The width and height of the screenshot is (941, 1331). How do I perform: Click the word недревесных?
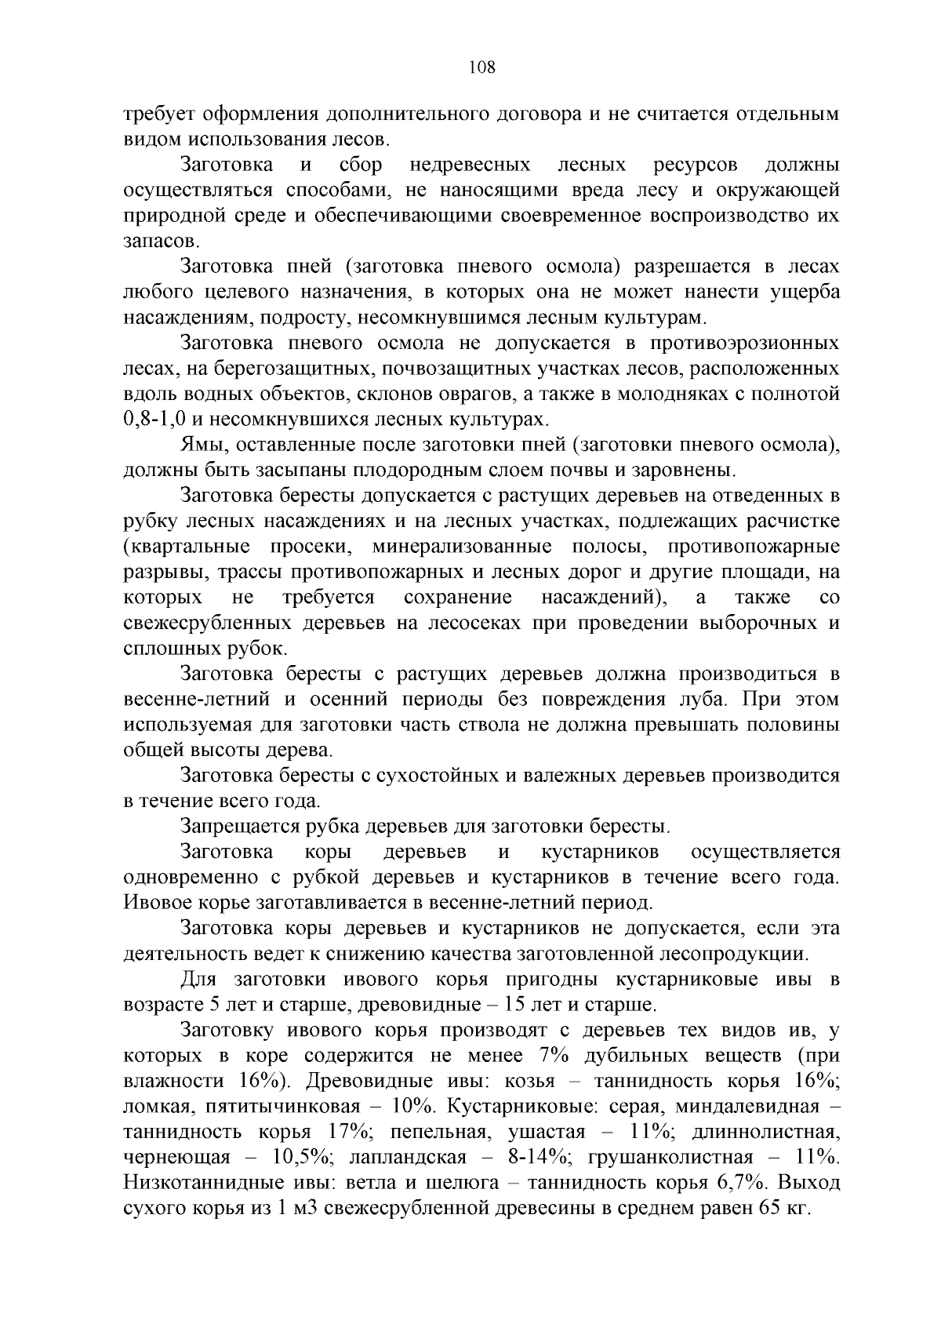(x=470, y=165)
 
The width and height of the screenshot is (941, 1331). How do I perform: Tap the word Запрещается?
(x=242, y=827)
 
